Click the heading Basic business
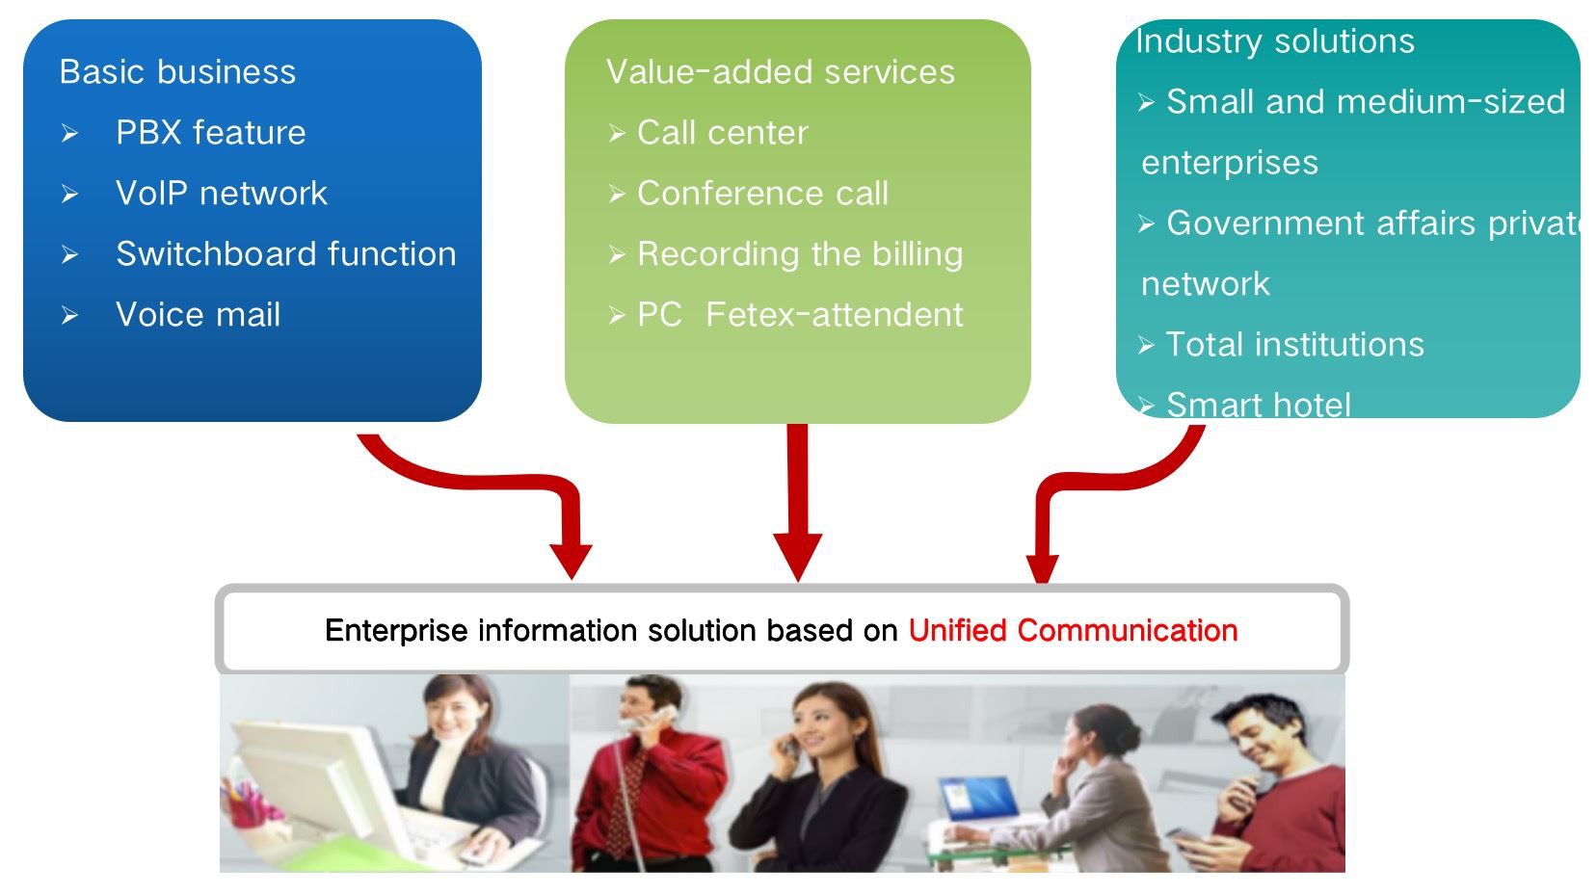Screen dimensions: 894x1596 [177, 72]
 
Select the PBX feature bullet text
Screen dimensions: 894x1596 [210, 133]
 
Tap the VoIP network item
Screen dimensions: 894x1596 [221, 194]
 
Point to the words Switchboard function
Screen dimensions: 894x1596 [285, 254]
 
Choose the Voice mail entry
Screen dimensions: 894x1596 [198, 315]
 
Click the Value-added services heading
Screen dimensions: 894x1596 [780, 72]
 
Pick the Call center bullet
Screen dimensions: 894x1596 [722, 133]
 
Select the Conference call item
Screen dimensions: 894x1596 [762, 194]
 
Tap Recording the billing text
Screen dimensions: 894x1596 [800, 254]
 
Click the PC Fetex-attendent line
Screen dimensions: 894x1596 [800, 315]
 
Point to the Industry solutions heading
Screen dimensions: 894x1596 [1274, 41]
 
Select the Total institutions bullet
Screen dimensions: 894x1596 [1294, 345]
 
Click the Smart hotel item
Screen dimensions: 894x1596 [1258, 405]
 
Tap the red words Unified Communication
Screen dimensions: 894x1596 [1072, 631]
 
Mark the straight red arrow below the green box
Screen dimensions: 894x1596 [797, 501]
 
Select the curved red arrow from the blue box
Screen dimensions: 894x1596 [482, 477]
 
